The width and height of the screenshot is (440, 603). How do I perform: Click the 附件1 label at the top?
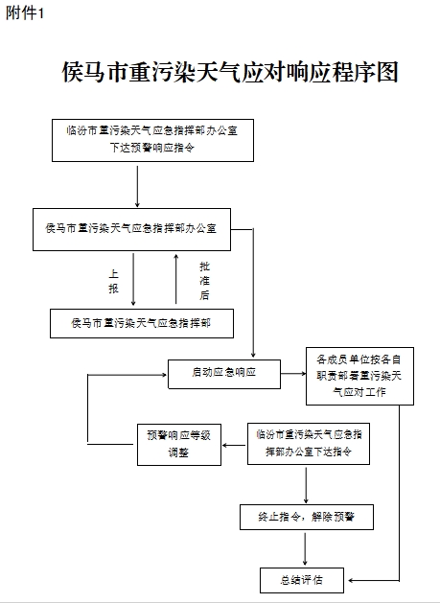click(x=25, y=13)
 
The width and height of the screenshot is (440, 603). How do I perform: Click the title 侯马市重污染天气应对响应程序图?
click(x=230, y=72)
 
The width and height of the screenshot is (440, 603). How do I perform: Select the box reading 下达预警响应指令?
click(x=152, y=140)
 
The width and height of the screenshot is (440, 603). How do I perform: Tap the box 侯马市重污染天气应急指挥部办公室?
click(x=131, y=229)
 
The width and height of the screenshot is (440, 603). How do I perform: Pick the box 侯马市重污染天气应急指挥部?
click(x=142, y=323)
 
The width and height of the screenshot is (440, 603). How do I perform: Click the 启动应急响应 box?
click(x=224, y=374)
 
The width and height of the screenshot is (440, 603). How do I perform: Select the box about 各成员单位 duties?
click(x=359, y=376)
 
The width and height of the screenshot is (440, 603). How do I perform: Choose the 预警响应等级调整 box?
click(x=179, y=445)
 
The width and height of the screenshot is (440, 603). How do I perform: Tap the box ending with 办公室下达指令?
click(x=309, y=444)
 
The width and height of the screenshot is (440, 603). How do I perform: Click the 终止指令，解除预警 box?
click(x=307, y=518)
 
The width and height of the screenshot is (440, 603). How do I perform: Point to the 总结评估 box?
click(x=302, y=580)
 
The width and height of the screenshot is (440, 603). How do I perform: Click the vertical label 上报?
click(x=113, y=281)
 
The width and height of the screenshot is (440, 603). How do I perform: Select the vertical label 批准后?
click(x=204, y=281)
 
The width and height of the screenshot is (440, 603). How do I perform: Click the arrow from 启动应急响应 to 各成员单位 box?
click(x=293, y=374)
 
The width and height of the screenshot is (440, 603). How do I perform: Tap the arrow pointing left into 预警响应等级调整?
click(x=234, y=446)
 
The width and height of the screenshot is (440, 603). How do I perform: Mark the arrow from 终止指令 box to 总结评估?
click(x=306, y=548)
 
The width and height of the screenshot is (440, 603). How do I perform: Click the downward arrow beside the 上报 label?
click(x=133, y=279)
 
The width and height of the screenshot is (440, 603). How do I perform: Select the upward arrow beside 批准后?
click(x=176, y=279)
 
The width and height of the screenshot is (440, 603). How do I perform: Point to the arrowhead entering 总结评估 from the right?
click(x=351, y=580)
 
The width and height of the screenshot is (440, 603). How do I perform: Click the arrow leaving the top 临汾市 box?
click(x=137, y=187)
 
